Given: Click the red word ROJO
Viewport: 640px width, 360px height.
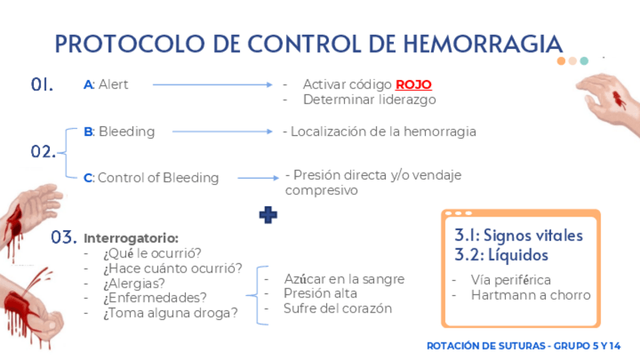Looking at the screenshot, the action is [413, 85].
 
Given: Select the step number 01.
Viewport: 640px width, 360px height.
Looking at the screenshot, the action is [42, 85].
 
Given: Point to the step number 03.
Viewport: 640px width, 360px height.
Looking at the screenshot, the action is [63, 238].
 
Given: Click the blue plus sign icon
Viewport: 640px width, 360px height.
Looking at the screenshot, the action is [268, 215].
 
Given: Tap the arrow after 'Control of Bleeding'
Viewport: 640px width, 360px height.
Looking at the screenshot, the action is [258, 178].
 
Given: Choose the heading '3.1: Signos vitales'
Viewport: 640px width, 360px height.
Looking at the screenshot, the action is [518, 235].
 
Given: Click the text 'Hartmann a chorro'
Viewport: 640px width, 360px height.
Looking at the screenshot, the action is [530, 295].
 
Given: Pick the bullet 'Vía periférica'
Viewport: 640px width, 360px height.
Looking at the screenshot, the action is [510, 279].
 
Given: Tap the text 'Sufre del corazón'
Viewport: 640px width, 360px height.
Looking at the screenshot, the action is [337, 308].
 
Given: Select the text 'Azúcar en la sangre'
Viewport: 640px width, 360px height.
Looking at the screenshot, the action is [343, 278].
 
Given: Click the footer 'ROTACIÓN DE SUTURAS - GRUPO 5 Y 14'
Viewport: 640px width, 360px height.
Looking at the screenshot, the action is [523, 346].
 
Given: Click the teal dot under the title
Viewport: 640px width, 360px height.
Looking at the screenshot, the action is [584, 61].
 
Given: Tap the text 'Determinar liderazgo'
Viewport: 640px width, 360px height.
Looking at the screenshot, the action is [369, 99].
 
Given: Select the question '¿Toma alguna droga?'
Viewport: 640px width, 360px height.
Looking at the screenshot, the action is [170, 312].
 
